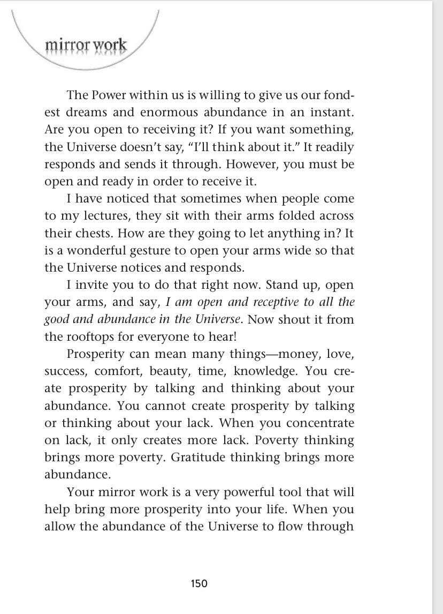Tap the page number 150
[198, 583]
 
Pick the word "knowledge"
[273, 371]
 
